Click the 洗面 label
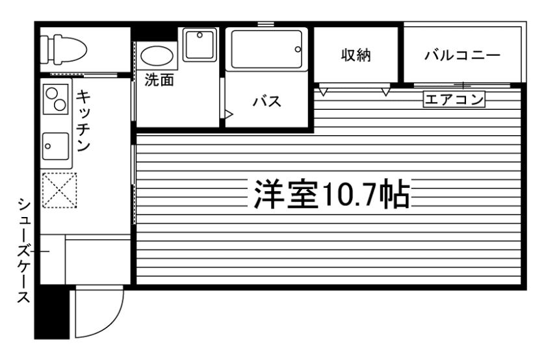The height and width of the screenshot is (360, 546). pyautogui.click(x=159, y=82)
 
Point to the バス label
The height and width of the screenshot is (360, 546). pyautogui.click(x=266, y=102)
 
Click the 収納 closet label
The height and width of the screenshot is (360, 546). pyautogui.click(x=356, y=55)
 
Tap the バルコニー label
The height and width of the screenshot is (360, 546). pyautogui.click(x=463, y=55)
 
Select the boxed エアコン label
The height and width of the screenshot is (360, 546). pyautogui.click(x=454, y=99)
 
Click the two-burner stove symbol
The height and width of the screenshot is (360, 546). pyautogui.click(x=55, y=100)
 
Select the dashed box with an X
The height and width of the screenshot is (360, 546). pyautogui.click(x=59, y=190)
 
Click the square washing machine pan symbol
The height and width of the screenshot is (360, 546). pyautogui.click(x=200, y=44)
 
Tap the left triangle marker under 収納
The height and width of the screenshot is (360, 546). pyautogui.click(x=323, y=91)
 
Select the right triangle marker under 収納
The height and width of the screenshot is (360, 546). pyautogui.click(x=386, y=91)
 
